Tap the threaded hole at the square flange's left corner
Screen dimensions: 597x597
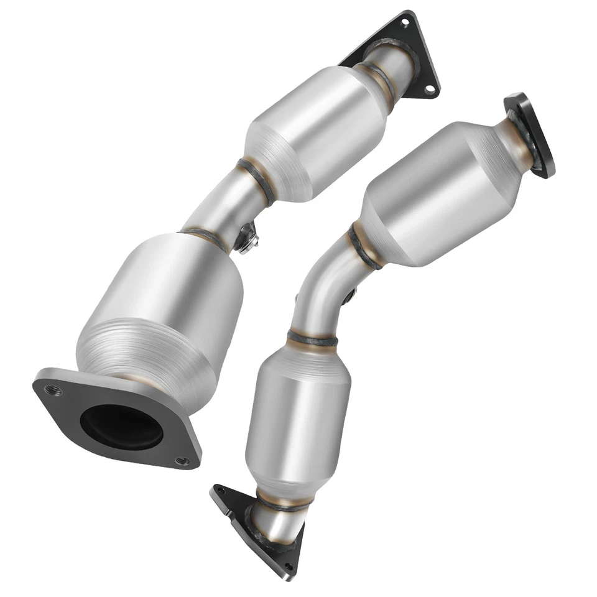50,390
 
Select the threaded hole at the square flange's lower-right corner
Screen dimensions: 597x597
182,461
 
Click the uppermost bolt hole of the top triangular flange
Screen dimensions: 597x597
405,23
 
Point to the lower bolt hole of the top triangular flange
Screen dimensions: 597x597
428,89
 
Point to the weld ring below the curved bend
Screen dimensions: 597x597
312,340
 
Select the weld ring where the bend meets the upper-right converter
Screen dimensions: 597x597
363,248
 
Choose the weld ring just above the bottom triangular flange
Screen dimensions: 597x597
283,505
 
